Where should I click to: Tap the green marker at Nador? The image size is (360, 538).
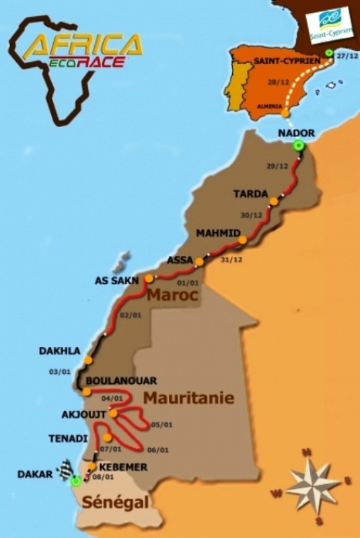(298, 146)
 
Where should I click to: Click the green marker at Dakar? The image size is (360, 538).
(76, 481)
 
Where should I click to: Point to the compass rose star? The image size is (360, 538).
(314, 483)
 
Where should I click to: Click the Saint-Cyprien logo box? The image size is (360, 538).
(329, 26)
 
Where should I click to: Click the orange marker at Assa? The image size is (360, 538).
(199, 261)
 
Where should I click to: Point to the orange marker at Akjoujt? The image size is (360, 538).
(113, 413)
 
